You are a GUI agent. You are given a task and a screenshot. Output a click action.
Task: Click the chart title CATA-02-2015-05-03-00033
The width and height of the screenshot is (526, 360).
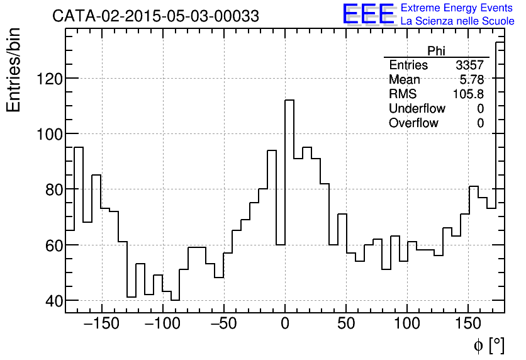(155, 16)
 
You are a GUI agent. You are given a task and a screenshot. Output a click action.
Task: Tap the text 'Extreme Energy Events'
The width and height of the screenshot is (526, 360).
(457, 8)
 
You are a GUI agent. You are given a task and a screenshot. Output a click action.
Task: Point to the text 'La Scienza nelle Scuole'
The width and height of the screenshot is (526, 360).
(457, 21)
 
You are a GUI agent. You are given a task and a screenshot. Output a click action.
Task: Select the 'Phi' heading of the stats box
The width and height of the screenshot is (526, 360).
(436, 51)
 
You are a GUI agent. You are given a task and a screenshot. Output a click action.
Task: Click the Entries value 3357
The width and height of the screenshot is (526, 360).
(469, 65)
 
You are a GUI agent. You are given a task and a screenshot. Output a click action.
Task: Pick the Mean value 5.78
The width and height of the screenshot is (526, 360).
(472, 79)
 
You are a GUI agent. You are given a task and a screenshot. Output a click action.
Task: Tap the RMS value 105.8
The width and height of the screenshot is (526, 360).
(469, 94)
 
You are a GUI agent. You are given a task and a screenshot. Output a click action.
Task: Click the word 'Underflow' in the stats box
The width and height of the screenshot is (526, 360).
(417, 108)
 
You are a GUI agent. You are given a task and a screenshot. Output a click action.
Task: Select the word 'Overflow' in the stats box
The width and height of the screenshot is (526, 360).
(413, 123)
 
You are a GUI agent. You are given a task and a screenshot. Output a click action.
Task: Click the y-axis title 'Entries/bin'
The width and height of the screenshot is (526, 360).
(14, 69)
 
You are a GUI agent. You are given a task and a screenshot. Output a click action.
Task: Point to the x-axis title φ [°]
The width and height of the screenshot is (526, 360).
(488, 345)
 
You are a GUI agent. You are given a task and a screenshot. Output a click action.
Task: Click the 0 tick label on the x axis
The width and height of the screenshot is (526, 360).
(285, 324)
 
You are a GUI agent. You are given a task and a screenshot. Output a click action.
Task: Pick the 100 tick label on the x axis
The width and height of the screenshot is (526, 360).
(407, 324)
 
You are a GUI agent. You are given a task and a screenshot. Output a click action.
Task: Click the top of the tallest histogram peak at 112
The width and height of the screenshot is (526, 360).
(289, 100)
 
